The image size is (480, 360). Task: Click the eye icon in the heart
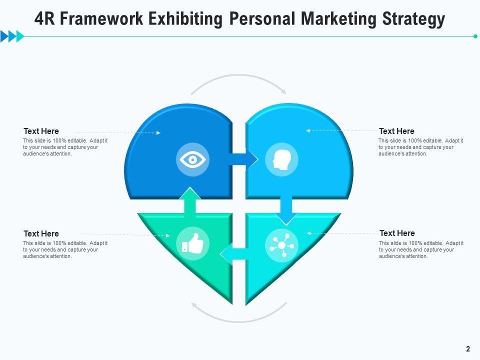pyautogui.click(x=192, y=160)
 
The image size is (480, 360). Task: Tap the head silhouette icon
pyautogui.click(x=281, y=160)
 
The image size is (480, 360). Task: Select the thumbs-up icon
pyautogui.click(x=192, y=243)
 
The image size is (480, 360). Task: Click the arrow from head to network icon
pyautogui.click(x=286, y=208)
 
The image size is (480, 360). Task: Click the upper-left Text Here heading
pyautogui.click(x=41, y=131)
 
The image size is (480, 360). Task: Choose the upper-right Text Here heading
pyautogui.click(x=396, y=131)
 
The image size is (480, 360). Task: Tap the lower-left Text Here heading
pyautogui.click(x=41, y=233)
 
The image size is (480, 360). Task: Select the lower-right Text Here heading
pyautogui.click(x=397, y=233)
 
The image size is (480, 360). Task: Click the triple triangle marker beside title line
pyautogui.click(x=12, y=36)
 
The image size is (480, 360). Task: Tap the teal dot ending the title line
pyautogui.click(x=475, y=36)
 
